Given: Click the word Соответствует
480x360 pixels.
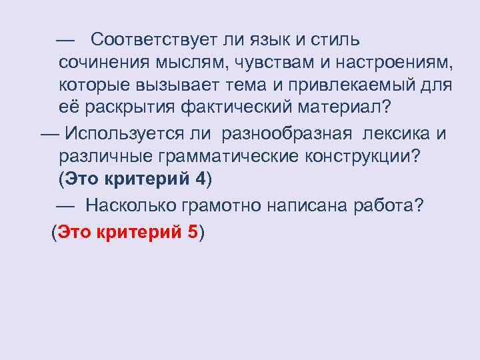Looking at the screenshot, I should tap(148, 40).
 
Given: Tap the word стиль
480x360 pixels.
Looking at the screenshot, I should tap(335, 40).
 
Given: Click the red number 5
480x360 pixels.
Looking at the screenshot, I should tap(193, 233).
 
